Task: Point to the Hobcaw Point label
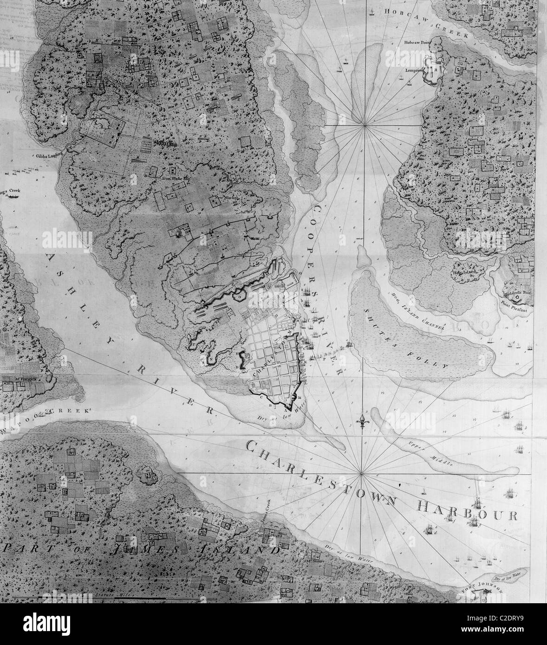[x=418, y=42]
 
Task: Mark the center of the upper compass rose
[x=365, y=125]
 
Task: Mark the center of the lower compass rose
[x=362, y=474]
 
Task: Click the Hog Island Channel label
[x=418, y=313]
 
